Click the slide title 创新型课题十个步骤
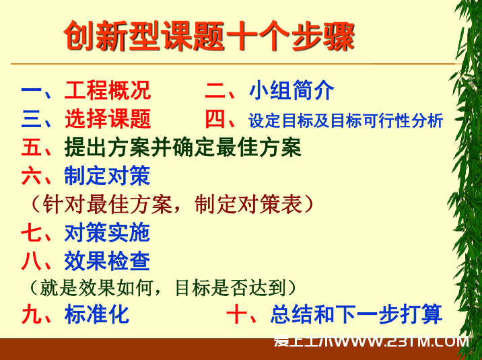[x=209, y=36]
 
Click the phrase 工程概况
[x=108, y=90]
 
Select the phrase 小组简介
[x=291, y=90]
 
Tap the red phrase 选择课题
[x=108, y=118]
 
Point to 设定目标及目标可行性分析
[x=346, y=120]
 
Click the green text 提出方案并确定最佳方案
[x=183, y=147]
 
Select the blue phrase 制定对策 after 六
[x=107, y=176]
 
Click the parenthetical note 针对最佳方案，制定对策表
[x=172, y=204]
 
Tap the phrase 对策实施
[x=107, y=233]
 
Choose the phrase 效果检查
[x=107, y=261]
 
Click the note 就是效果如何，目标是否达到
[x=163, y=288]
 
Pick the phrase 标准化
[x=97, y=314]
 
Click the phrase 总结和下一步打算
[x=357, y=314]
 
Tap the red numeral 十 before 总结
[x=237, y=314]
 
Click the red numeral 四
[x=215, y=119]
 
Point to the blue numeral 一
[x=32, y=90]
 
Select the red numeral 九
[x=32, y=314]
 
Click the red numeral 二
[x=215, y=91]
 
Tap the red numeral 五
[x=32, y=147]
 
